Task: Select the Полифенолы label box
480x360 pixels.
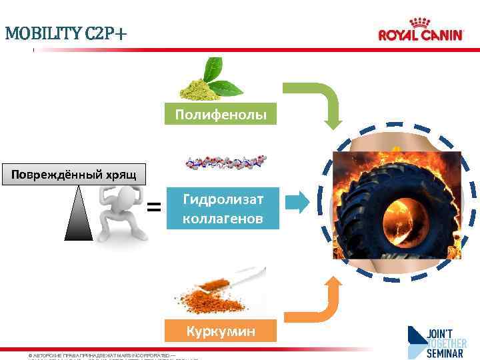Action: click(x=221, y=115)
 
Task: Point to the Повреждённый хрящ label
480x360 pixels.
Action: click(x=70, y=175)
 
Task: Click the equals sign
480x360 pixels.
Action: click(x=154, y=207)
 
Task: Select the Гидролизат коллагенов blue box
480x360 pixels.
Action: click(x=223, y=208)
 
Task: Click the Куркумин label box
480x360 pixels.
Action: click(x=221, y=331)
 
